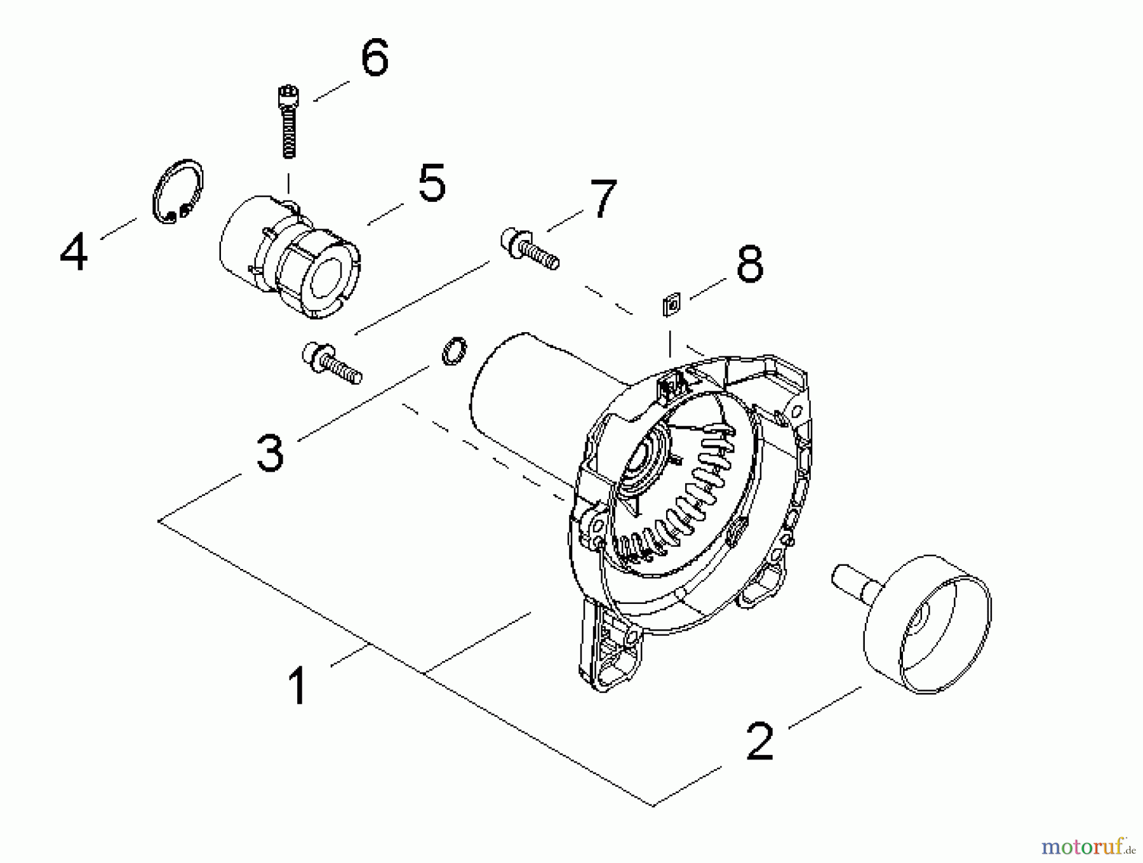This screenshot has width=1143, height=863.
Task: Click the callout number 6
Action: pyautogui.click(x=374, y=58)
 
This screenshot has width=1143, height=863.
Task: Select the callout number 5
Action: pyautogui.click(x=432, y=183)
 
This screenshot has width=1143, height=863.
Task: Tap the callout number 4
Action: pyautogui.click(x=74, y=252)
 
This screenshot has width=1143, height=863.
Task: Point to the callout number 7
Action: pyautogui.click(x=602, y=198)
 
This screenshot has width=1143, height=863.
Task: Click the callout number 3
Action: pyautogui.click(x=270, y=453)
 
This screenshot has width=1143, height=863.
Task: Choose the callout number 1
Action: pyautogui.click(x=297, y=685)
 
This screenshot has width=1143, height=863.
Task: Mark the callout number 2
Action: pyautogui.click(x=760, y=741)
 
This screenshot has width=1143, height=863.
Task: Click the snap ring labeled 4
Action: pyautogui.click(x=178, y=192)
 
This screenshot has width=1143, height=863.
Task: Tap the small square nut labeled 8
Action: pyautogui.click(x=671, y=304)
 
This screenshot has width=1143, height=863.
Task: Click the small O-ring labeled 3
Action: pyautogui.click(x=453, y=351)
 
